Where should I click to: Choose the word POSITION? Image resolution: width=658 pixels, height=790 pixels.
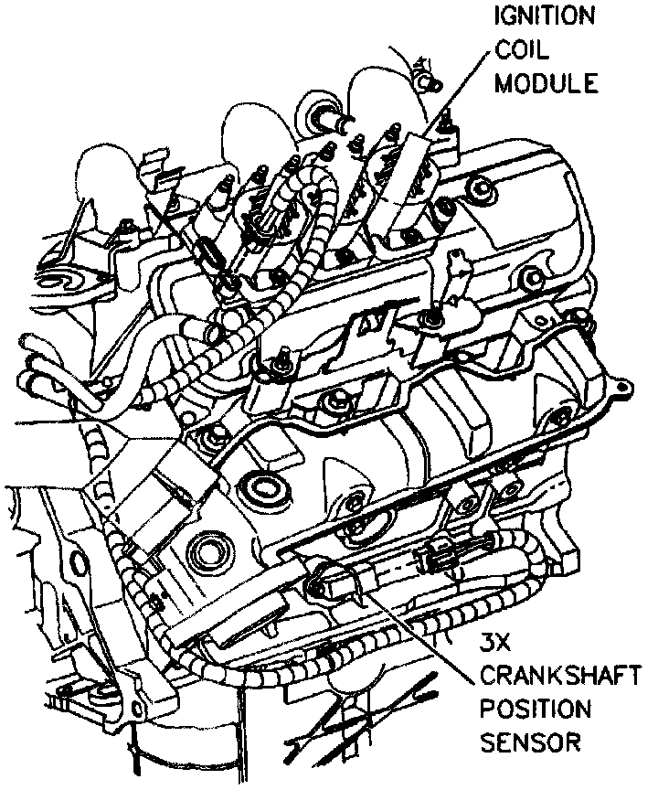point(536,709)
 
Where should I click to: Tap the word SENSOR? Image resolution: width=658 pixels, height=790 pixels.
point(530,742)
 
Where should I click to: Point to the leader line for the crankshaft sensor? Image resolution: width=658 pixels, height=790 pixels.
point(430,631)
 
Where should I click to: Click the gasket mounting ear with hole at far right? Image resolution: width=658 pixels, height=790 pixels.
point(622,389)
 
